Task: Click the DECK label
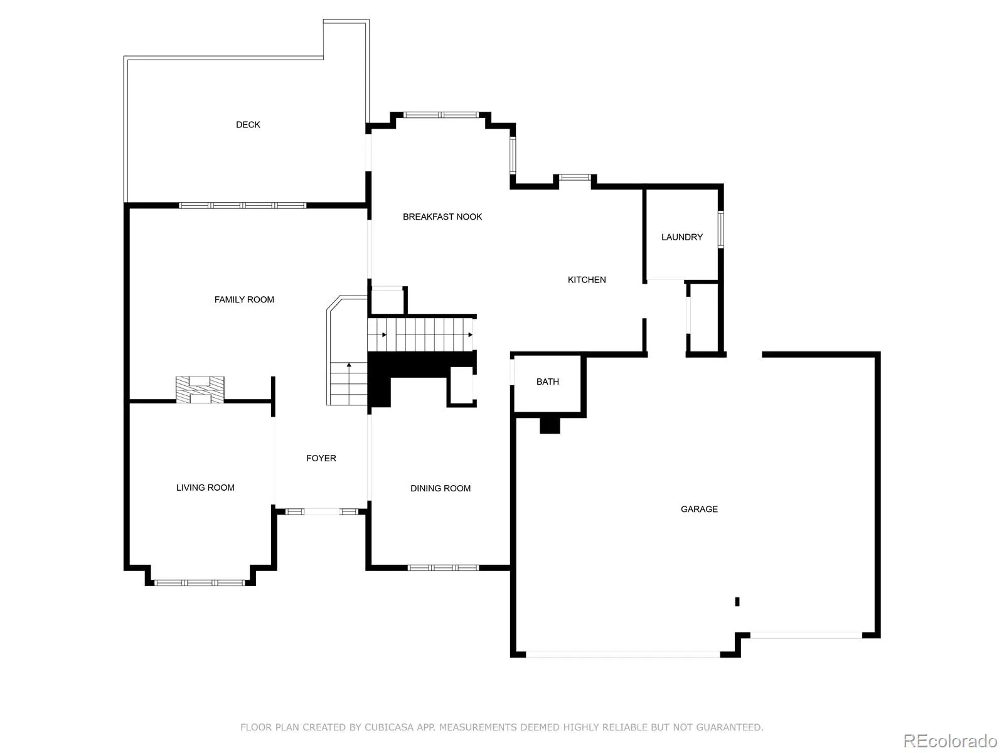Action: click(248, 125)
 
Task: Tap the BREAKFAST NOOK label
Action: click(442, 217)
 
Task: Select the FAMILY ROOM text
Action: click(244, 300)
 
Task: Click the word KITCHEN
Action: click(587, 280)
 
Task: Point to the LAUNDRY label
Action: click(681, 237)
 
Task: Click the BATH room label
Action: click(547, 382)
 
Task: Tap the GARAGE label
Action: click(699, 510)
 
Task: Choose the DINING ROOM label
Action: click(440, 488)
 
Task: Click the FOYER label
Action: click(321, 459)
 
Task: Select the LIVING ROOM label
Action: click(205, 488)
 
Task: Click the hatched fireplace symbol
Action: click(200, 390)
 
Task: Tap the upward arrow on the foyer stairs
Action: click(349, 365)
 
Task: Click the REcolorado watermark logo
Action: click(949, 741)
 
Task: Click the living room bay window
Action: click(200, 583)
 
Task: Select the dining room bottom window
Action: click(443, 568)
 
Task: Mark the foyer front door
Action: click(322, 512)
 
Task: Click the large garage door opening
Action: click(622, 654)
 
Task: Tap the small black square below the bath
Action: click(550, 425)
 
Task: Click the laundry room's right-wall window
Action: click(721, 230)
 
